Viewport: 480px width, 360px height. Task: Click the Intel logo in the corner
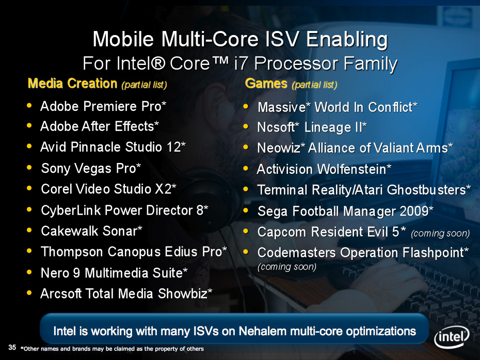(452, 338)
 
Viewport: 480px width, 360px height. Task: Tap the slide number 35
(12, 347)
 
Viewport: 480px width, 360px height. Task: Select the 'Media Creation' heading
(72, 83)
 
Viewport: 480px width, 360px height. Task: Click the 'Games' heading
(266, 83)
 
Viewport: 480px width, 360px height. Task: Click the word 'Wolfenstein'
(351, 169)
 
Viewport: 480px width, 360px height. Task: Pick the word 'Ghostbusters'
(426, 190)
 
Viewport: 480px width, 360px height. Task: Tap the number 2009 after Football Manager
(414, 211)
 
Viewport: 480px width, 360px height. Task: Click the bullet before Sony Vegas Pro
(29, 168)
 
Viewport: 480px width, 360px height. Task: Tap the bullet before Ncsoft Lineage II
(246, 127)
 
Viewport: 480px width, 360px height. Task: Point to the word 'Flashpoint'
(434, 253)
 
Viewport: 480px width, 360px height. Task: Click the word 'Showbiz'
(182, 293)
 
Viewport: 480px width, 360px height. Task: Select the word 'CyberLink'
(71, 210)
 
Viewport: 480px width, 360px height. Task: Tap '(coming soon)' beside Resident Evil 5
(440, 233)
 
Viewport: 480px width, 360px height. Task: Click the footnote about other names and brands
(112, 349)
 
